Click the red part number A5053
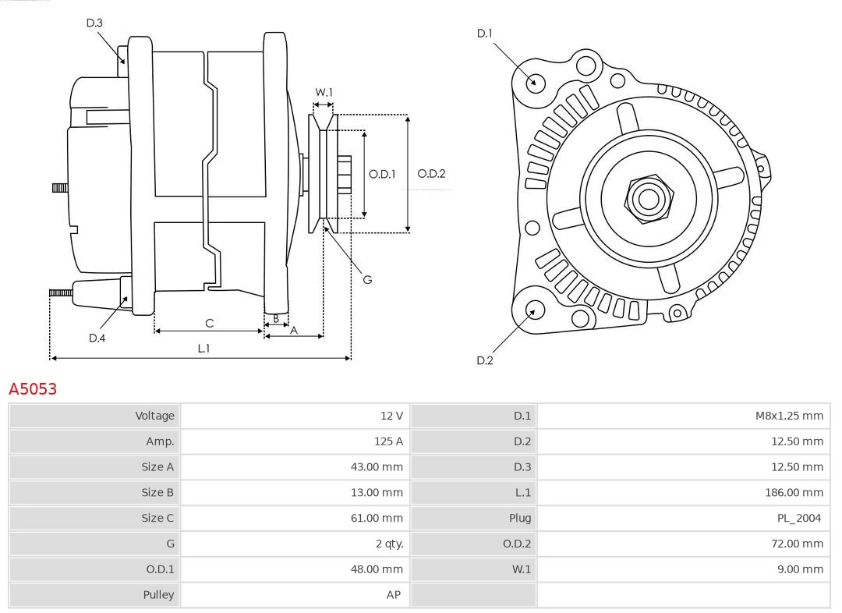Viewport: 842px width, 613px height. pyautogui.click(x=33, y=388)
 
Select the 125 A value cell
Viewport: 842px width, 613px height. pyautogui.click(x=388, y=441)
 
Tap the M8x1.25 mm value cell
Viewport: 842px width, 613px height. pyautogui.click(x=788, y=416)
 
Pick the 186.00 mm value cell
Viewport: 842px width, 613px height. pyautogui.click(x=794, y=492)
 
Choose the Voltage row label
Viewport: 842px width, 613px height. pyautogui.click(x=154, y=416)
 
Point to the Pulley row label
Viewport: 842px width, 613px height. pyautogui.click(x=158, y=594)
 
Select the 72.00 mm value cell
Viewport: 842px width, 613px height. pyautogui.click(x=797, y=544)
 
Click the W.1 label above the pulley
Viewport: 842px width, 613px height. pyautogui.click(x=324, y=92)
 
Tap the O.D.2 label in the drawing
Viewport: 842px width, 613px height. pyautogui.click(x=431, y=174)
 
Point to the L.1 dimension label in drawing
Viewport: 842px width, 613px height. pyautogui.click(x=203, y=349)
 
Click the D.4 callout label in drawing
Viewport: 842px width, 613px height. pyautogui.click(x=97, y=338)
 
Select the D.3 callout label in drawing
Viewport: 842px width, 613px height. pyautogui.click(x=94, y=23)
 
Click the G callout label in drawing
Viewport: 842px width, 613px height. pyautogui.click(x=367, y=278)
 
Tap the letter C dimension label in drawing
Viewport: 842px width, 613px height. pyautogui.click(x=209, y=323)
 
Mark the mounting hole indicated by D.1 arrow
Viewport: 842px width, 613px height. pyautogui.click(x=535, y=82)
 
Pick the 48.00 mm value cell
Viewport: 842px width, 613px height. pyautogui.click(x=377, y=569)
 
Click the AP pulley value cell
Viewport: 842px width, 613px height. pyautogui.click(x=393, y=594)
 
